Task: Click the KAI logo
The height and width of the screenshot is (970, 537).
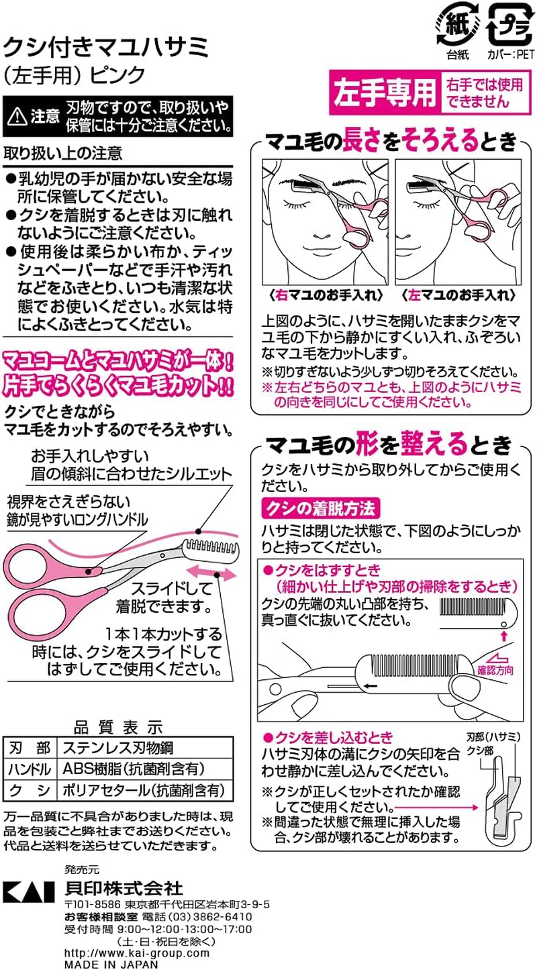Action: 28,890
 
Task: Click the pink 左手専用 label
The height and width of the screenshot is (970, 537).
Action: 385,93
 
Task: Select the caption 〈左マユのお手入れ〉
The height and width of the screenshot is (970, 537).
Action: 458,295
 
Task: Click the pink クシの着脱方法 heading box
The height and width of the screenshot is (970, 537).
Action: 321,505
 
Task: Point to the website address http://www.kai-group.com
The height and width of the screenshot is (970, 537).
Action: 137,953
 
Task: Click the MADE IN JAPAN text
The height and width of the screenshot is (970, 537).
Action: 111,964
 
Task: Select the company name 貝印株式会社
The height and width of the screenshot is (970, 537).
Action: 124,889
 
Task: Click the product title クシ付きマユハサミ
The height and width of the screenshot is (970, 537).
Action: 107,48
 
